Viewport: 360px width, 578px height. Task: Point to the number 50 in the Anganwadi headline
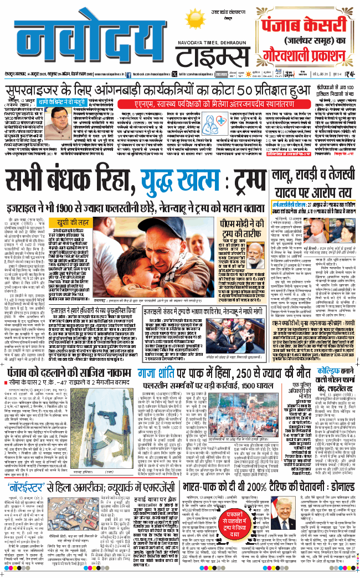[264, 90]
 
